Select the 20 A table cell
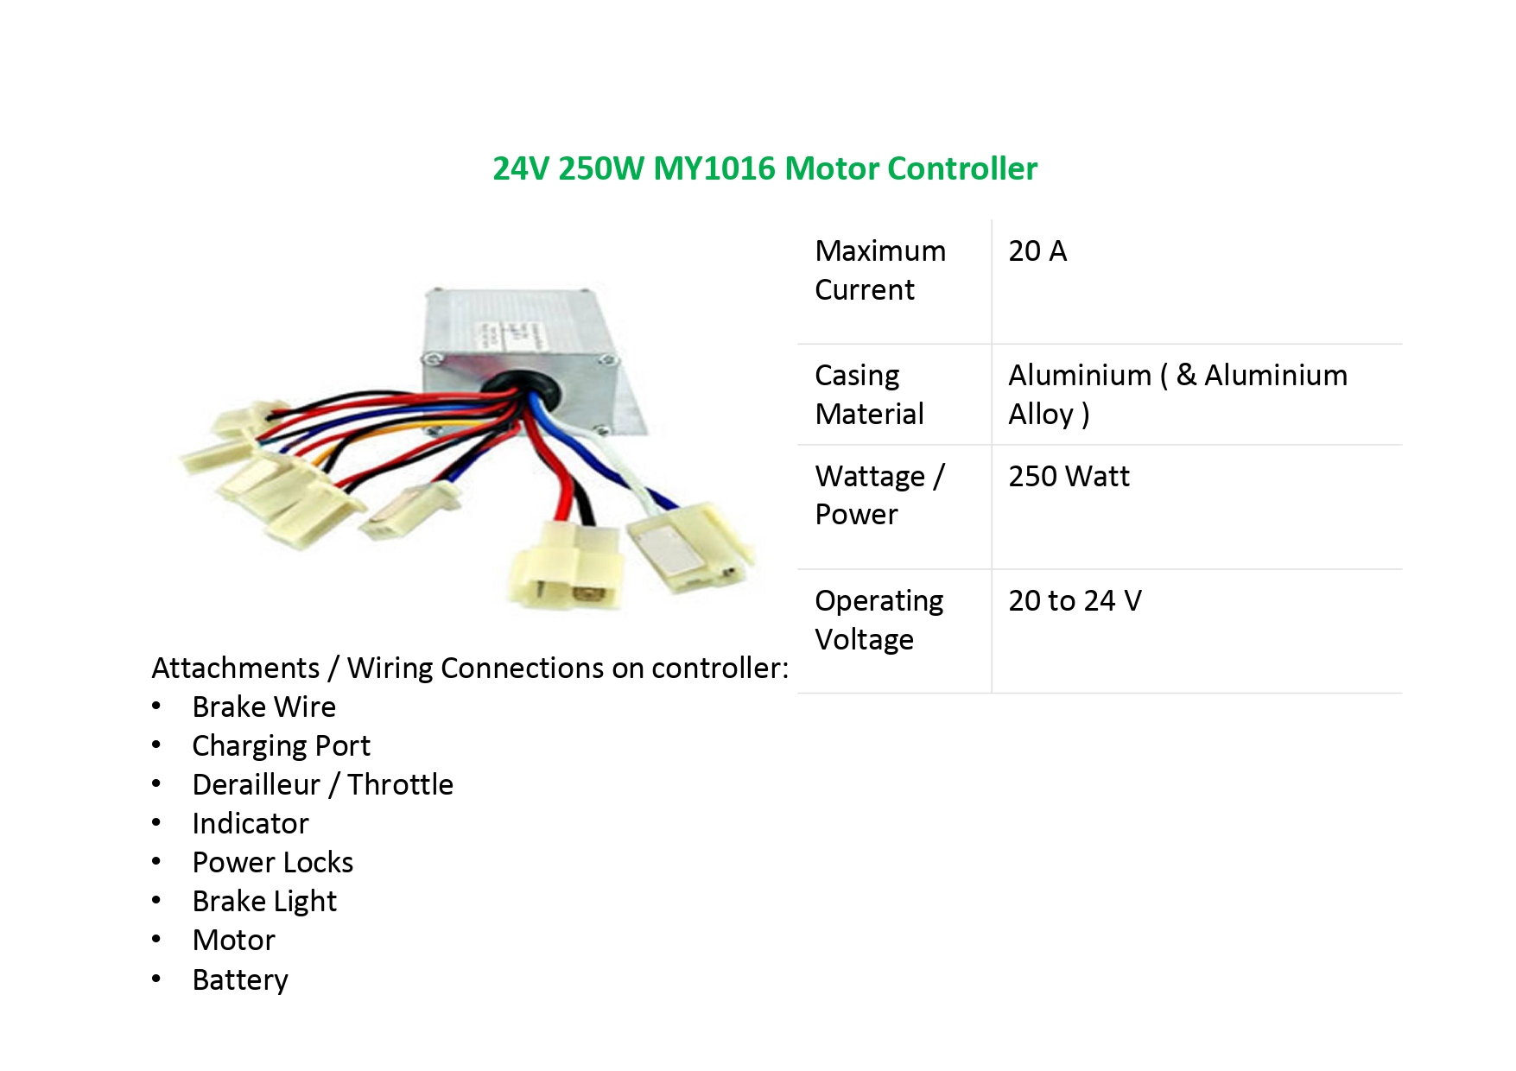tap(1037, 251)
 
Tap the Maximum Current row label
tap(880, 270)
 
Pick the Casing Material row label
tap(869, 395)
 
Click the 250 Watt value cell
tap(1069, 477)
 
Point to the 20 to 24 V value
tap(1075, 601)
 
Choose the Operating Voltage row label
tap(879, 620)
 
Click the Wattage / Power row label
tap(879, 495)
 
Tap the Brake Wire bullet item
tap(263, 707)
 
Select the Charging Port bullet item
tap(281, 746)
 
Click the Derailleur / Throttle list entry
tap(322, 785)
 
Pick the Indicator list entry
tap(250, 824)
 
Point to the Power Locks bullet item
tap(272, 863)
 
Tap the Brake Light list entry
tap(264, 902)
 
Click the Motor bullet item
tap(233, 941)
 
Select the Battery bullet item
tap(240, 980)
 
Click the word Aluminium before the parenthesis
tap(1080, 376)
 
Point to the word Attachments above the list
tap(235, 669)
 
